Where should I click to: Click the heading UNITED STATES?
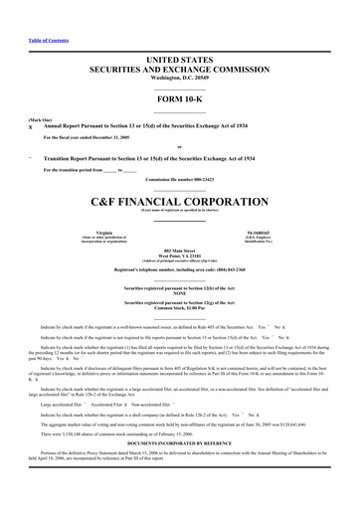click(179, 61)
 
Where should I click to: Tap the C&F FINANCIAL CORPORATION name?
click(179, 198)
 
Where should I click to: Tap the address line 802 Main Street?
click(179, 251)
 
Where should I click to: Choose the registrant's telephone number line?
click(179, 269)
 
